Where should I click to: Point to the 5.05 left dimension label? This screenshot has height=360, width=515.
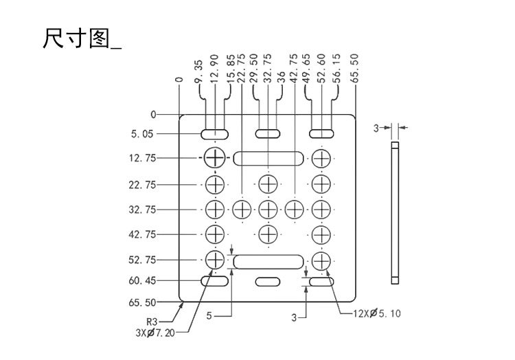pyautogui.click(x=144, y=133)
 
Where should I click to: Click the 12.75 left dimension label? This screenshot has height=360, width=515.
pyautogui.click(x=141, y=158)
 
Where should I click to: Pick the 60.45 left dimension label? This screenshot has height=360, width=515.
pyautogui.click(x=141, y=280)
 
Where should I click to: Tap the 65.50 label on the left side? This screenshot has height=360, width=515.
pyautogui.click(x=141, y=302)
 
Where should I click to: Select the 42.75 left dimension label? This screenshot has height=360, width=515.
pyautogui.click(x=141, y=234)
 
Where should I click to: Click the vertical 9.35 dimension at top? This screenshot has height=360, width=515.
pyautogui.click(x=198, y=71)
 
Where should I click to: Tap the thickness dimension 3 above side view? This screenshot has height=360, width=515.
pyautogui.click(x=376, y=127)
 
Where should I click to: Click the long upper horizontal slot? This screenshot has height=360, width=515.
pyautogui.click(x=268, y=158)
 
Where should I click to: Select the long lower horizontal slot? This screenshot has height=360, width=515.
pyautogui.click(x=268, y=260)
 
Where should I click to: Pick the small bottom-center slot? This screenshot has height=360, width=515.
pyautogui.click(x=268, y=281)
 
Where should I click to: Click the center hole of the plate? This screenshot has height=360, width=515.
pyautogui.click(x=268, y=209)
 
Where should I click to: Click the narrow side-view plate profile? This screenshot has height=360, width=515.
pyautogui.click(x=394, y=213)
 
